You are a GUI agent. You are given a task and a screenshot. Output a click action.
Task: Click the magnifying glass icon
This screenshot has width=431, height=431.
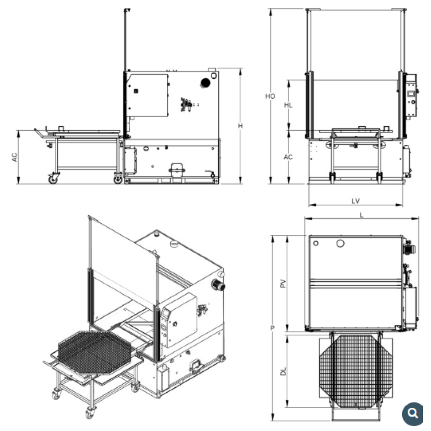[412, 413]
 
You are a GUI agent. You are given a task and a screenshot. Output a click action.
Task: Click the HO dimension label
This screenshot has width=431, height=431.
[270, 96]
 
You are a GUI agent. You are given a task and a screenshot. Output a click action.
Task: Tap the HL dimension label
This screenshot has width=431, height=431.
[288, 105]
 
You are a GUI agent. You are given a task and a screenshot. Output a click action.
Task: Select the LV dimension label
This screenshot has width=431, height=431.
[356, 201]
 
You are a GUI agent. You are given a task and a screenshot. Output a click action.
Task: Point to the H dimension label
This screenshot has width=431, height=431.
[240, 126]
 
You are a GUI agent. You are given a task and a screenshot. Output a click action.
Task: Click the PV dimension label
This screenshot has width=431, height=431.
[283, 284]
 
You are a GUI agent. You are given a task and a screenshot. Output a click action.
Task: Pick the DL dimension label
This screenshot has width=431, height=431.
[283, 372]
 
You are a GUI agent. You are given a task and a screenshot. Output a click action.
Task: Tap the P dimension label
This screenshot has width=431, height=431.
[272, 328]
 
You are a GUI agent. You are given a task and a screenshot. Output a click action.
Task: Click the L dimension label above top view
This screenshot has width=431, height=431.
[362, 215]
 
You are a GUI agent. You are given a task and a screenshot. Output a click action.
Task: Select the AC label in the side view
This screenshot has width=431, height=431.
[14, 157]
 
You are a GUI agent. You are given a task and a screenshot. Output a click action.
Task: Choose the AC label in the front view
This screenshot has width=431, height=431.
[288, 157]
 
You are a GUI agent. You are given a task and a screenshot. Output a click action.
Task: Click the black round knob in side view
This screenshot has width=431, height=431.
[205, 82]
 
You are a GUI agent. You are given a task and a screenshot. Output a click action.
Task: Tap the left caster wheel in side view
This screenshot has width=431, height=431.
[53, 179]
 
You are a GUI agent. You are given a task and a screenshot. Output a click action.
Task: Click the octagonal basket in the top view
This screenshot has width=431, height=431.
[356, 371]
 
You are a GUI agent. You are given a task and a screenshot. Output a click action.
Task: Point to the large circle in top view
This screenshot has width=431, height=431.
[340, 243]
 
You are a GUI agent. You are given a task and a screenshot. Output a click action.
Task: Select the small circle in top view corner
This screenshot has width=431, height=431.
[315, 243]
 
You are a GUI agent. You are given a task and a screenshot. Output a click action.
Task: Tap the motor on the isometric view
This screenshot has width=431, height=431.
[218, 285]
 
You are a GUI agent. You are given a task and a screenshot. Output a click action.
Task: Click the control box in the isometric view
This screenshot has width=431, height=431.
[179, 320]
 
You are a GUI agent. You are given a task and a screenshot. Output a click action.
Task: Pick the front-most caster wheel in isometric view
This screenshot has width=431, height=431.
[90, 413]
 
